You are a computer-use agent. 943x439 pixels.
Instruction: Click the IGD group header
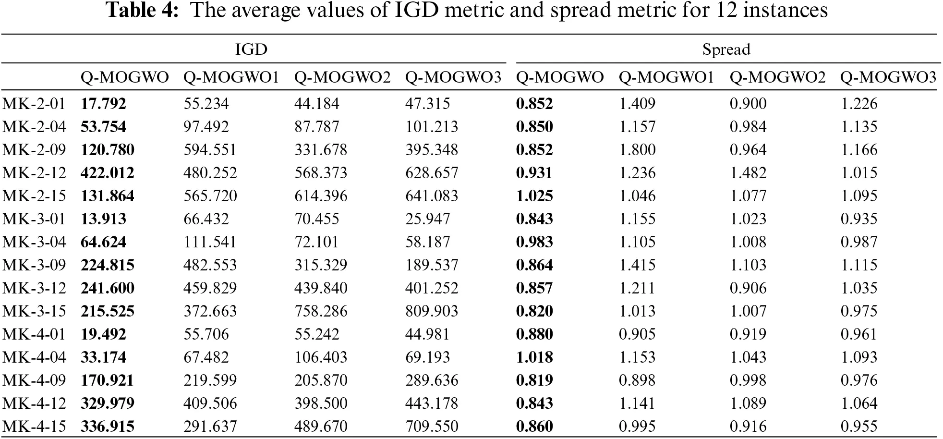(x=251, y=49)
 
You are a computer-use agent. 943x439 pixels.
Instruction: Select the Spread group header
(x=726, y=49)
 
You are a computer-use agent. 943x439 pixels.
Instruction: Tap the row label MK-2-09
(x=34, y=150)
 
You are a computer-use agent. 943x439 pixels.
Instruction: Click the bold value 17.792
(x=103, y=104)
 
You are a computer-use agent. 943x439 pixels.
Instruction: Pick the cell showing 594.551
(x=210, y=150)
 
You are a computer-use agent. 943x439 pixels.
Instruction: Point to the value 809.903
(x=432, y=311)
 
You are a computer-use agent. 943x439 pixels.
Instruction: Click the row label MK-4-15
(x=34, y=427)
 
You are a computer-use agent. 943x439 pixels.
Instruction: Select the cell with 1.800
(x=637, y=150)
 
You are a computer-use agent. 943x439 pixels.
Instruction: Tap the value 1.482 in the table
(x=748, y=173)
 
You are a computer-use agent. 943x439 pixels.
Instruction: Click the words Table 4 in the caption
(x=142, y=11)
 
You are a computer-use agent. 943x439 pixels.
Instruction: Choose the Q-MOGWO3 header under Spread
(x=888, y=77)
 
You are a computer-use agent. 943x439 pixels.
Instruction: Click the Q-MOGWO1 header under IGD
(x=231, y=77)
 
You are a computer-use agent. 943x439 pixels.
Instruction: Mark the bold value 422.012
(x=108, y=173)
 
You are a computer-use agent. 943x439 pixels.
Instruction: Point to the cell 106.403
(x=321, y=357)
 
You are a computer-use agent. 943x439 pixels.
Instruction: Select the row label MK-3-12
(x=34, y=288)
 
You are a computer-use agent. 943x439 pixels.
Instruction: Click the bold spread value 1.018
(x=534, y=357)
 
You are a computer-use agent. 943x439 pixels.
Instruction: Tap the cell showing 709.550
(x=432, y=427)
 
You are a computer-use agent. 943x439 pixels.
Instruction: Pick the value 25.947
(x=427, y=219)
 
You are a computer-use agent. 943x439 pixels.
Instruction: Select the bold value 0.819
(x=534, y=380)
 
